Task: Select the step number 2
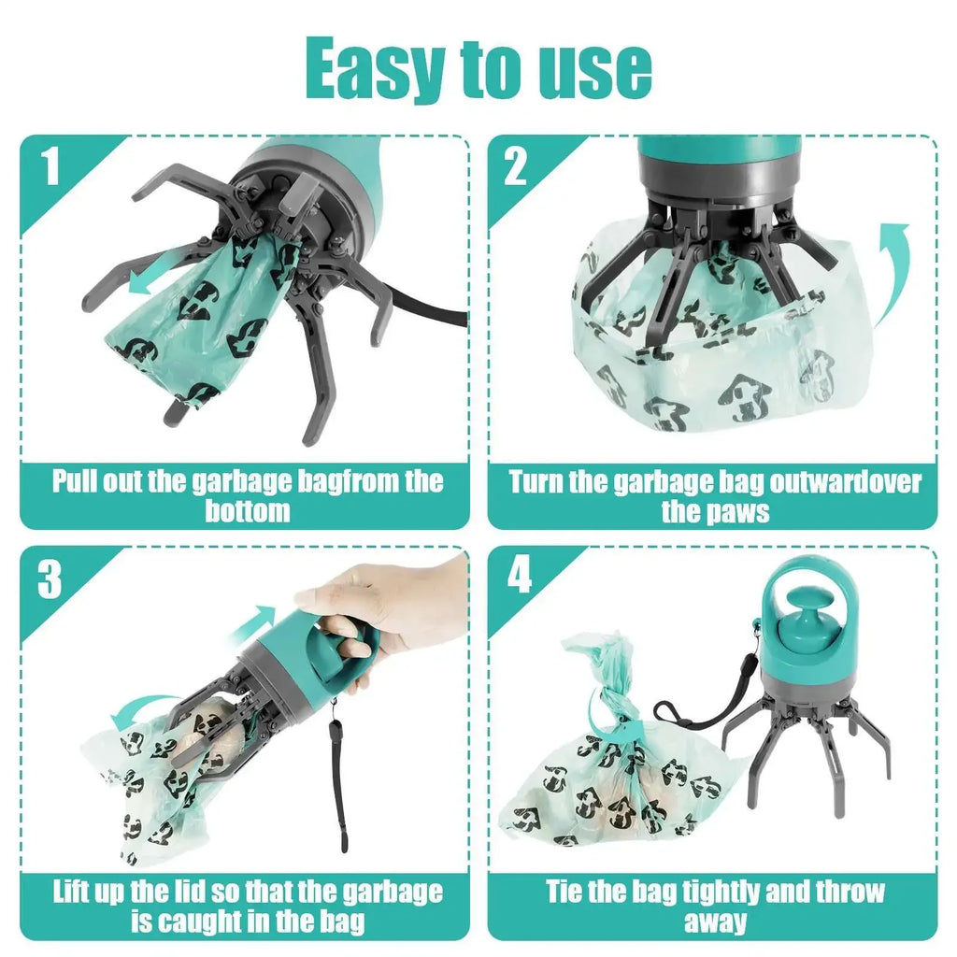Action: (x=516, y=167)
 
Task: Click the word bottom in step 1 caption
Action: (x=248, y=511)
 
